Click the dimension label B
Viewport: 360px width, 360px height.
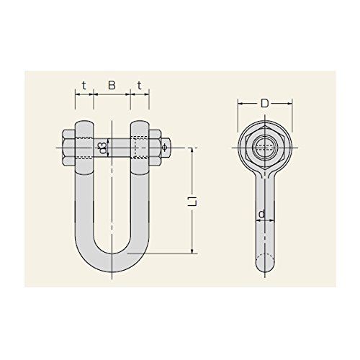pos(112,85)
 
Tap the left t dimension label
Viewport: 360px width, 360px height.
pos(84,85)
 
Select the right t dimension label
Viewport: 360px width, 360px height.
pos(140,85)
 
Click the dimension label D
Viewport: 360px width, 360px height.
pos(264,104)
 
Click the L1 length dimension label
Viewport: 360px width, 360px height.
pos(195,200)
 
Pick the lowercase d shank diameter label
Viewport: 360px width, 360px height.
pos(262,213)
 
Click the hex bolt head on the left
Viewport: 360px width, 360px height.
pos(69,148)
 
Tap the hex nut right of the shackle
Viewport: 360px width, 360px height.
pos(155,148)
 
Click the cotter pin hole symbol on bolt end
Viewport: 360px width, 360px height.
pos(165,148)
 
